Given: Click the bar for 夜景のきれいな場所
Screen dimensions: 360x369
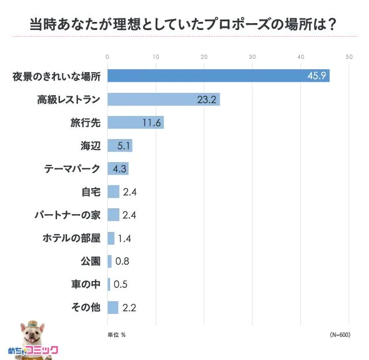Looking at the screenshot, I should click(x=218, y=76).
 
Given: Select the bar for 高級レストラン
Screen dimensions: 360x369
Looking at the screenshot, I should click(x=163, y=99).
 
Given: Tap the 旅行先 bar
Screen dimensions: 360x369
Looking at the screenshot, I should click(x=135, y=122).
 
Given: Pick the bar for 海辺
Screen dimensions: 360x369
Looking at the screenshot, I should click(x=119, y=145).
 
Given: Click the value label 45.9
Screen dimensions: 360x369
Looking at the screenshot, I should click(x=317, y=76).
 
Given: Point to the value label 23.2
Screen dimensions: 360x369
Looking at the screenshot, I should click(x=206, y=99).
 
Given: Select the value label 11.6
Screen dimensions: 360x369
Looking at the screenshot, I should click(x=151, y=122).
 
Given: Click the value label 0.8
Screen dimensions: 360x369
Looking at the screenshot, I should click(x=122, y=261).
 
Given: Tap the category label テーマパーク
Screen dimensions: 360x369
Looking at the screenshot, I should click(x=72, y=169).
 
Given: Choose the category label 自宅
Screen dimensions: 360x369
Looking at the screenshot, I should click(x=91, y=192).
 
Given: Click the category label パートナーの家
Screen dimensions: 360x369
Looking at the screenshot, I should click(x=67, y=215).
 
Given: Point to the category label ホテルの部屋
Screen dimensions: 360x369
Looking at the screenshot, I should click(x=71, y=238).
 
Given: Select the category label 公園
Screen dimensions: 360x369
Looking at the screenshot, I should click(x=91, y=261).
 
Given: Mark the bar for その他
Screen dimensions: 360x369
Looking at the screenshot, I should click(x=112, y=307).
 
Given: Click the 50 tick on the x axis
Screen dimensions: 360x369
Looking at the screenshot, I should click(x=349, y=57).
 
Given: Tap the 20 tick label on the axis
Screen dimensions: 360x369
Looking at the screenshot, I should click(x=204, y=57).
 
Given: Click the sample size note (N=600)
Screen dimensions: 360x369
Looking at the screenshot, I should click(x=340, y=335).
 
